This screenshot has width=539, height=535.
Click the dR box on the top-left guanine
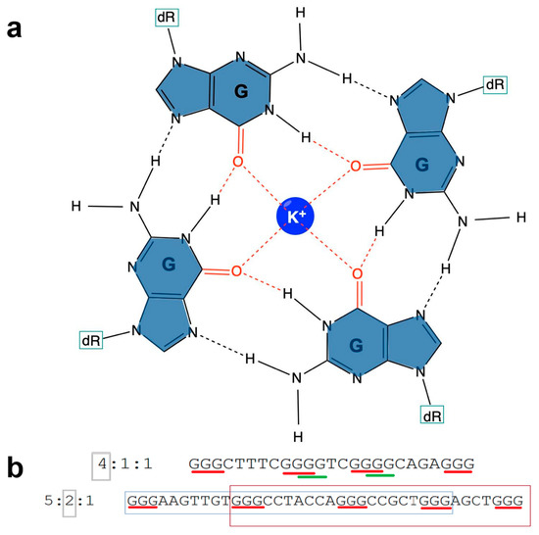pyautogui.click(x=167, y=18)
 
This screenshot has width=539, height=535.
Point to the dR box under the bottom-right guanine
pyautogui.click(x=432, y=414)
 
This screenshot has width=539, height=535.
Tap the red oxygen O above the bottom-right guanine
pyautogui.click(x=357, y=275)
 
